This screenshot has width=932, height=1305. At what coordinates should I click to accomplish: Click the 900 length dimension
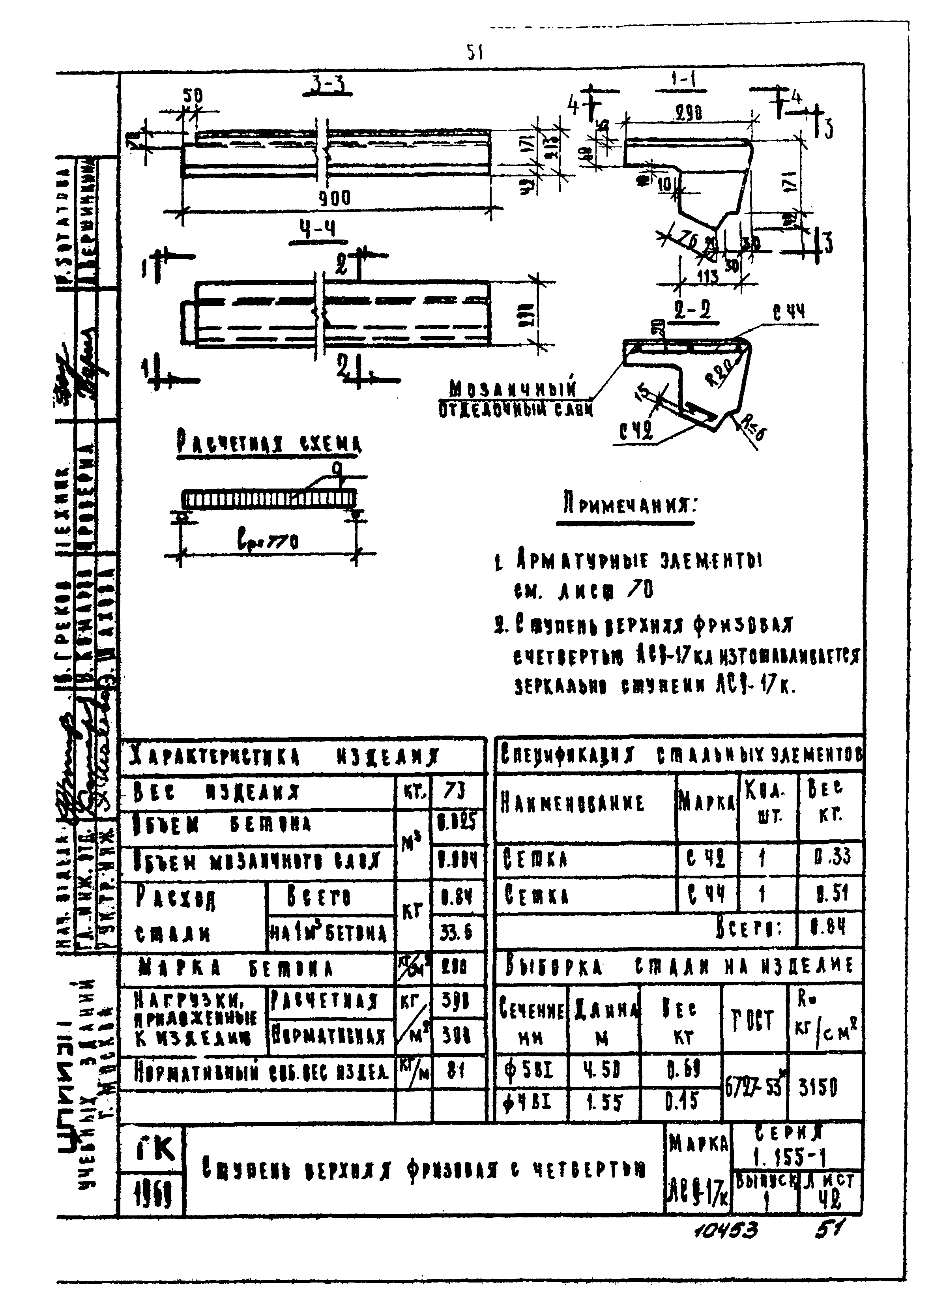click(335, 198)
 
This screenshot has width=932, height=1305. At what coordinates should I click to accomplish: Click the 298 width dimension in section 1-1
click(687, 114)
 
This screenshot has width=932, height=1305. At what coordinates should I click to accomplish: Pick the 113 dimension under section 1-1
click(707, 277)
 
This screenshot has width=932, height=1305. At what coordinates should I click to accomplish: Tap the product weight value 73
click(455, 792)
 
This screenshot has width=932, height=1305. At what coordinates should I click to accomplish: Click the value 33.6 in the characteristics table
click(456, 932)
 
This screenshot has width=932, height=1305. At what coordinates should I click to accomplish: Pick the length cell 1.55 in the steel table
click(604, 1104)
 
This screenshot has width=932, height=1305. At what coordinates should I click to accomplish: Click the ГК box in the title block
click(152, 1148)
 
